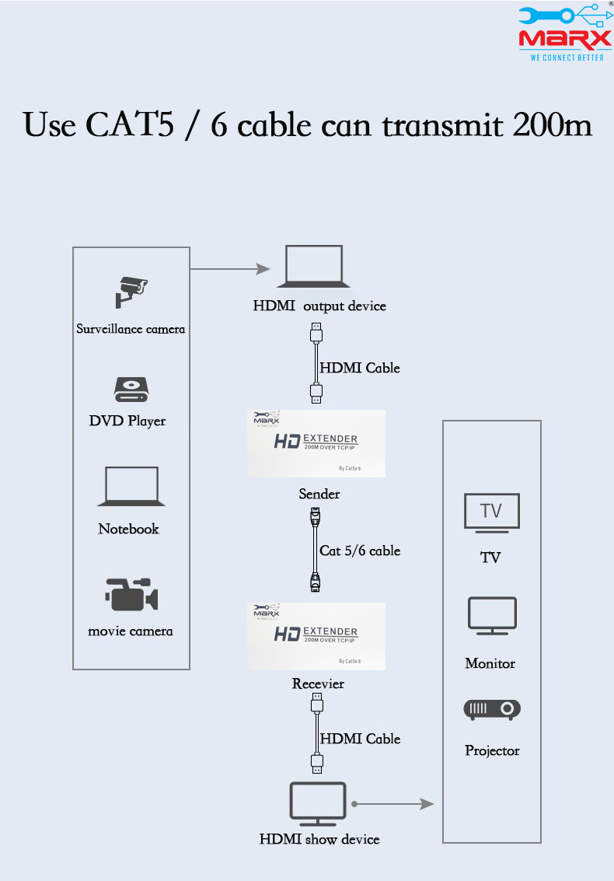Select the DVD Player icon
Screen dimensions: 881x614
[130, 390]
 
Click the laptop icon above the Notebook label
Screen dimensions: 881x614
[128, 488]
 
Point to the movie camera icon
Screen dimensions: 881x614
[131, 594]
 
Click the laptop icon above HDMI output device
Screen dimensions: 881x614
[314, 267]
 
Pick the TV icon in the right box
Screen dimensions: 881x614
[491, 513]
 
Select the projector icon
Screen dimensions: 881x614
[492, 710]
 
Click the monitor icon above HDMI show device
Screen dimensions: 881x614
[318, 804]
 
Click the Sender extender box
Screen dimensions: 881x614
[316, 443]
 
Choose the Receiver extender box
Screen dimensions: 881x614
[316, 635]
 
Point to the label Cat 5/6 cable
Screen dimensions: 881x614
[360, 551]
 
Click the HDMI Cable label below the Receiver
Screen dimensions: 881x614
[360, 739]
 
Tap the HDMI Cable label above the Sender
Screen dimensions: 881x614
[360, 368]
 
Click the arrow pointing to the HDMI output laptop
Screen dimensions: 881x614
[230, 269]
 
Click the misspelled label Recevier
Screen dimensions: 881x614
[318, 683]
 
